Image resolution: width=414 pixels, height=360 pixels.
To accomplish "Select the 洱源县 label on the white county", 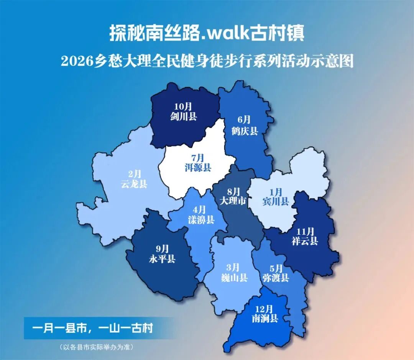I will pyautogui.click(x=198, y=168).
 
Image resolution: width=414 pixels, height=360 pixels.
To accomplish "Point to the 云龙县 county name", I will pyautogui.click(x=134, y=184).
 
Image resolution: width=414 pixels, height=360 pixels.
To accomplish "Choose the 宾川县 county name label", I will pyautogui.click(x=275, y=201).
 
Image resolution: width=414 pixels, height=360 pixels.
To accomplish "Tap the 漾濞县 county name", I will pyautogui.click(x=201, y=220).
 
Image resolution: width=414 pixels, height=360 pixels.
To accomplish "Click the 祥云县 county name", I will pyautogui.click(x=305, y=241).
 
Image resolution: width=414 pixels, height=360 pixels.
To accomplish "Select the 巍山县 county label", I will pyautogui.click(x=234, y=278).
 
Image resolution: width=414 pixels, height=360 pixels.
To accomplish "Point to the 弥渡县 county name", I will pyautogui.click(x=275, y=278).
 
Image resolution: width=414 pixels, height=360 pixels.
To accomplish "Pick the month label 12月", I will pyautogui.click(x=264, y=308).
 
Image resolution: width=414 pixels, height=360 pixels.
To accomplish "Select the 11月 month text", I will pyautogui.click(x=305, y=231).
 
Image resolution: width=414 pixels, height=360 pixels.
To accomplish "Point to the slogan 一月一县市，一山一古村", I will pyautogui.click(x=92, y=328).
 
